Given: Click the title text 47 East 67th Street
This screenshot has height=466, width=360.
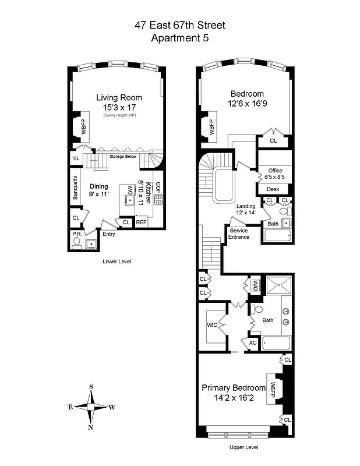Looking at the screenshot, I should pyautogui.click(x=179, y=25).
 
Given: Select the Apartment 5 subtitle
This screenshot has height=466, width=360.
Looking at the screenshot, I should pyautogui.click(x=179, y=38).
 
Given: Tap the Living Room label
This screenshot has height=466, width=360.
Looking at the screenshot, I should pyautogui.click(x=119, y=97).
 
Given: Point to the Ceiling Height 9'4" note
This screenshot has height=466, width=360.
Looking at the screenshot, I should pyautogui.click(x=119, y=115).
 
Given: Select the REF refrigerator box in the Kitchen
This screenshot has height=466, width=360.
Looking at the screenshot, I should pyautogui.click(x=141, y=222).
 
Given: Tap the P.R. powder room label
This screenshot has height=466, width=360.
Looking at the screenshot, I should pyautogui.click(x=76, y=234).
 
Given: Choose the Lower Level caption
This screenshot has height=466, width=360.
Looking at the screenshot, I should pyautogui.click(x=117, y=262).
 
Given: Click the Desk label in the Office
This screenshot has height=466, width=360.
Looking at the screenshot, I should pyautogui.click(x=273, y=189).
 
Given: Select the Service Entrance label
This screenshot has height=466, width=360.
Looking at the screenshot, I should pyautogui.click(x=239, y=234).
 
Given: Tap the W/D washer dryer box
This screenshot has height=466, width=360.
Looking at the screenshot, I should pyautogui.click(x=255, y=285).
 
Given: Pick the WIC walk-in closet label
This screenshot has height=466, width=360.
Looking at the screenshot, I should pyautogui.click(x=211, y=326).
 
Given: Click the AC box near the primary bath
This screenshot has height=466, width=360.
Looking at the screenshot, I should pyautogui.click(x=253, y=343).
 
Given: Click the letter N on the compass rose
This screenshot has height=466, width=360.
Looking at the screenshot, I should pyautogui.click(x=91, y=428).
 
